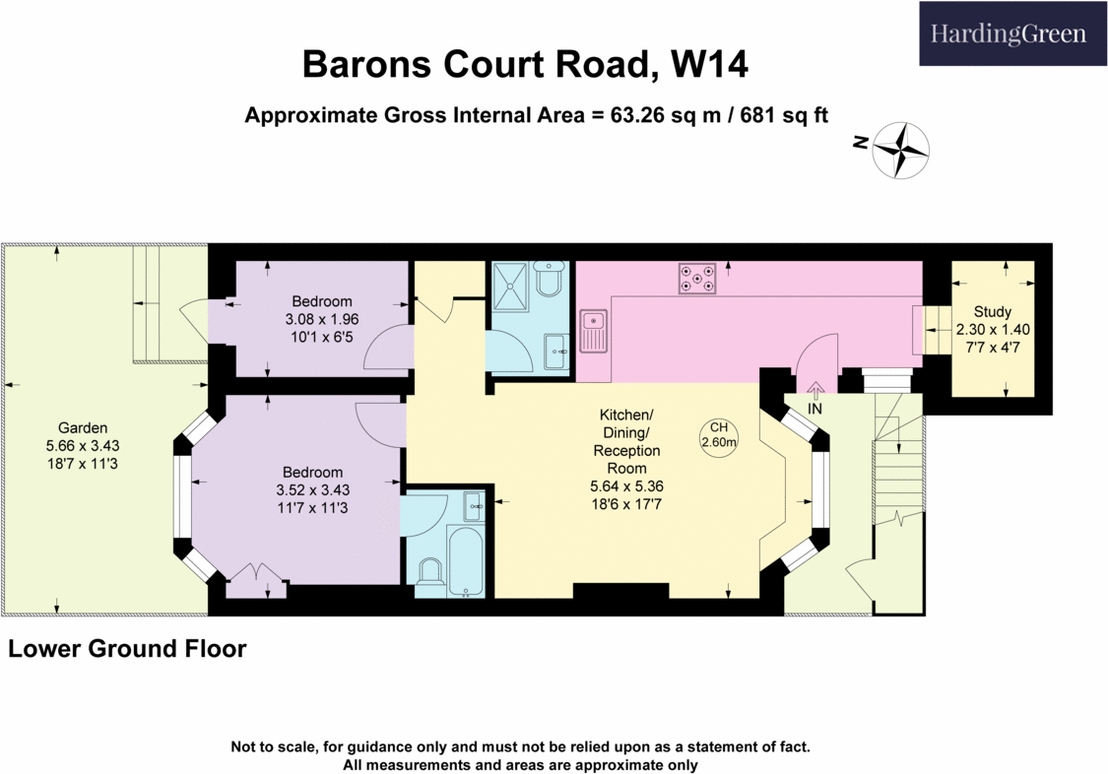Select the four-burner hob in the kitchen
[697, 279]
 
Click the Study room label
[992, 311]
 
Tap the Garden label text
[83, 428]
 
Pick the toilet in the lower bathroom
[429, 574]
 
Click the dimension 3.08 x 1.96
[320, 320]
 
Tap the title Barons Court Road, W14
[524, 65]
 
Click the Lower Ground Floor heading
[127, 649]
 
